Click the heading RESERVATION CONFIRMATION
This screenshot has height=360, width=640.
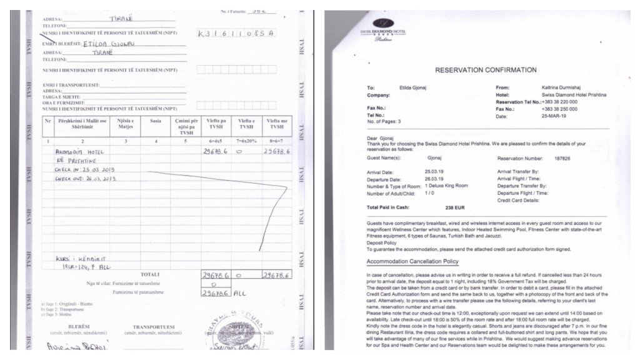point(486,70)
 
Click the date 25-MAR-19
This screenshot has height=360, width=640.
point(554,116)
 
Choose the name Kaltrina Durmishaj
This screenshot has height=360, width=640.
point(563,88)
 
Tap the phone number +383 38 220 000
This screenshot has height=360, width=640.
point(559,102)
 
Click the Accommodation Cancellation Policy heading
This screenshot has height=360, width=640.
point(412,261)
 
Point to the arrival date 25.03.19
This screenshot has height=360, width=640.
point(435,171)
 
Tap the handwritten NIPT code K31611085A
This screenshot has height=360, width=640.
point(236,32)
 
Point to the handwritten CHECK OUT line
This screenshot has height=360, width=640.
point(86,178)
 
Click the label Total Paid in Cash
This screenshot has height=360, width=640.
point(391,207)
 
